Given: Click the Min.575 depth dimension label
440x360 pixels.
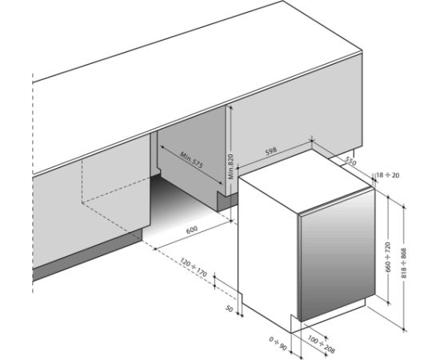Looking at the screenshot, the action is [191, 160].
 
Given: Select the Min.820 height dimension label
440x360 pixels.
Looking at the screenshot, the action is [230, 166].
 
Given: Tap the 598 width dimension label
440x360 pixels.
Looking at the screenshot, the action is [271, 150].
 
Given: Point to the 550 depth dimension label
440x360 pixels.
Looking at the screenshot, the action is [350, 162].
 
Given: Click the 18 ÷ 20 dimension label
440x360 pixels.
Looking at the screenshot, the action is [388, 175].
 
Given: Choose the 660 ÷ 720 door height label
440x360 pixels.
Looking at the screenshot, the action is [388, 257].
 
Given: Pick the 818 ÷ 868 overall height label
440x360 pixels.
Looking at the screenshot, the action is [404, 263].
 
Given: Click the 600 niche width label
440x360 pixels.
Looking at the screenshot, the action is [192, 230].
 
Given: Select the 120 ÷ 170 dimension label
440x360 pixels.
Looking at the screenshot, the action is [194, 267].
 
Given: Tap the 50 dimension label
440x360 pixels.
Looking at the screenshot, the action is [230, 309].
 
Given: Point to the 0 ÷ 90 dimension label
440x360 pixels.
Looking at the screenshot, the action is [278, 344].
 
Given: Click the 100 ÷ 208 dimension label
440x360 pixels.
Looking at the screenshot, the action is [322, 344].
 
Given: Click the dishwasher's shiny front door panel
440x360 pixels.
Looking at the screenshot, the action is [337, 254].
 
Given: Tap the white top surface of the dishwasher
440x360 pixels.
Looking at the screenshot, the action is [304, 180].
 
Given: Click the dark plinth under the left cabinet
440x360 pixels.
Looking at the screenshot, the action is [88, 254].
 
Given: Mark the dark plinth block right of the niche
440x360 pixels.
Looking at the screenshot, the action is [226, 201].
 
